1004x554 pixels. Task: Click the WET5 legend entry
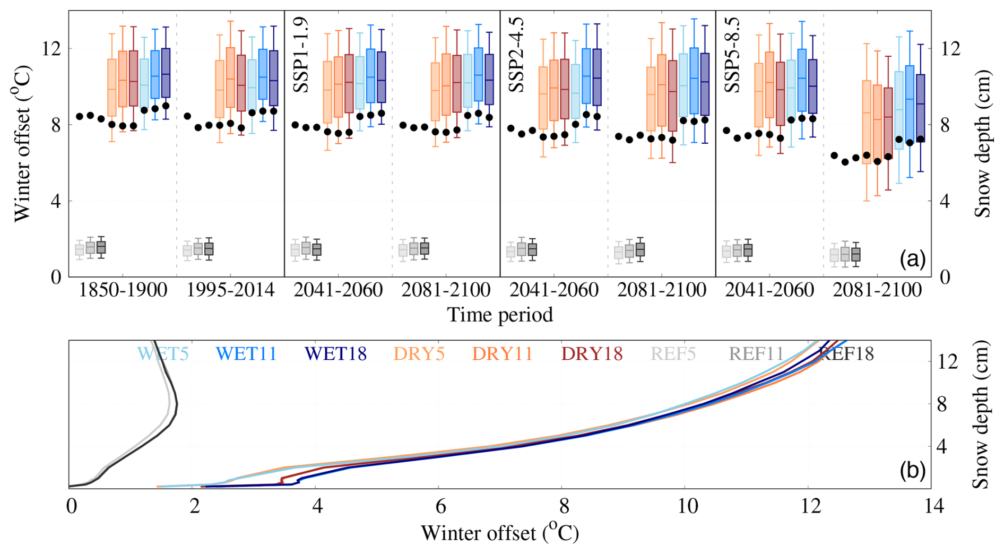coord(163,354)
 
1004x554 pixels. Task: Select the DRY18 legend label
coord(592,354)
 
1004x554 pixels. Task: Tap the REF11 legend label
coord(756,354)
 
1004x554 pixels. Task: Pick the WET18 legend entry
coord(336,354)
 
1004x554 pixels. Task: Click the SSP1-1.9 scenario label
coord(301,55)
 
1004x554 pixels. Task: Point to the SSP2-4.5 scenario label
coord(517,55)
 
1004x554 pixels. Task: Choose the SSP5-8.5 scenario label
coord(732,55)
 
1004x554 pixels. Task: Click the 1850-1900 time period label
coord(123,290)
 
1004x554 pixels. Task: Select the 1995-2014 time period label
coord(231,290)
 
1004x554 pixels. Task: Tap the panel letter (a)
coord(912,259)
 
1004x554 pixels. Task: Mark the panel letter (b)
coord(912,470)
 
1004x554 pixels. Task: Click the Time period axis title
coord(500,315)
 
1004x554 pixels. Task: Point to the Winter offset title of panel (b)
coord(499,533)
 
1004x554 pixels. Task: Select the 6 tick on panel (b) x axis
coord(440,506)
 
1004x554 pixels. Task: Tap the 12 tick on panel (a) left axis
coord(52,49)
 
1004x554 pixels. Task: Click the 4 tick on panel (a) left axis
coord(56,201)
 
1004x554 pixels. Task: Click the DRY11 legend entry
coord(502,354)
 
